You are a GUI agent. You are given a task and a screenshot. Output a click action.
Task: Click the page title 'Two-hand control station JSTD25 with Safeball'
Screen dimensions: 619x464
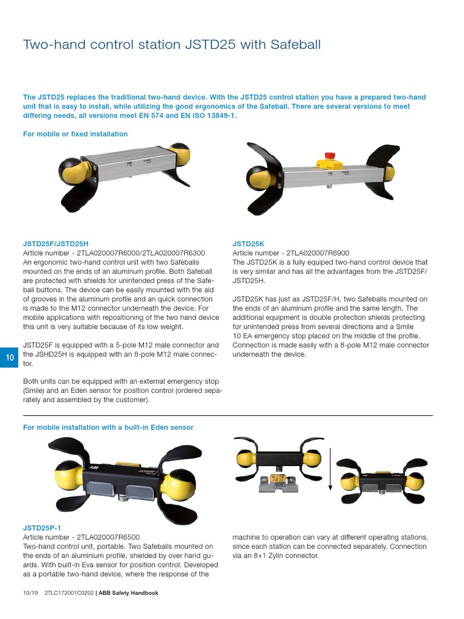(172, 45)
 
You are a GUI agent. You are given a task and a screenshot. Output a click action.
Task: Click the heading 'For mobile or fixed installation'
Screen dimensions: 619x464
(75, 134)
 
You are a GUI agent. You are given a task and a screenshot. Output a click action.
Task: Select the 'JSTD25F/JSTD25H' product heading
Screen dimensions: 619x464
(59, 244)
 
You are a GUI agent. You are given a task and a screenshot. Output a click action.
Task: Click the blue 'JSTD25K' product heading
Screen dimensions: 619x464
(248, 244)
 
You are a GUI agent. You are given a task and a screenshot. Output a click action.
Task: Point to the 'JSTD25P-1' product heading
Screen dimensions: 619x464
(42, 528)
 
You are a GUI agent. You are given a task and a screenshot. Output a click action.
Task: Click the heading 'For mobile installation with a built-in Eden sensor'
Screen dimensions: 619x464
(108, 427)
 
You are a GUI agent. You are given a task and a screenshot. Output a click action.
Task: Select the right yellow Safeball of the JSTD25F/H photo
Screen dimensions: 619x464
(179, 155)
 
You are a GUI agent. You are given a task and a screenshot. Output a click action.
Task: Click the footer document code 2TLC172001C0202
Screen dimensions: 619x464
(69, 593)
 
